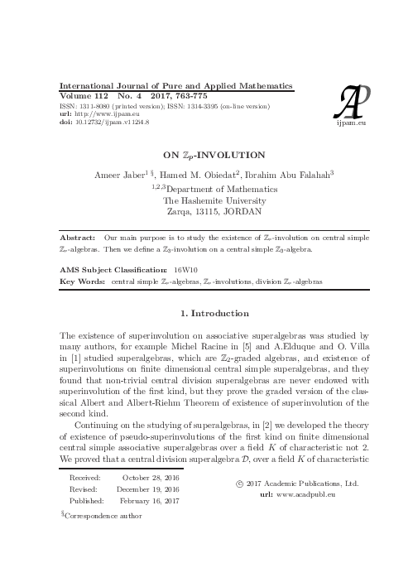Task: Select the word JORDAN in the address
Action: point(243,212)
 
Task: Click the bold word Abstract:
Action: point(78,238)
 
